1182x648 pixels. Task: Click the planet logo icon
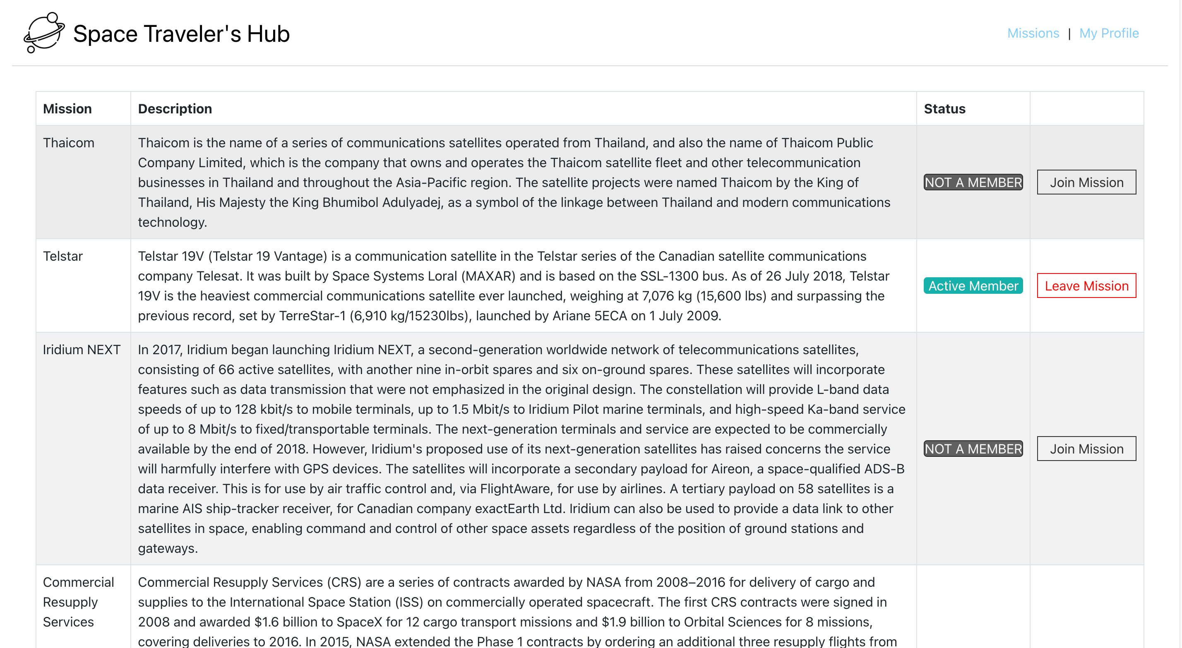tap(44, 33)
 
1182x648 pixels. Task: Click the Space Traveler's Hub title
tap(181, 34)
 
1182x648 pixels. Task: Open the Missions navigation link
tap(1033, 33)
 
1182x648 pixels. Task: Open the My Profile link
tap(1109, 33)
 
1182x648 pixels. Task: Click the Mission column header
tap(67, 109)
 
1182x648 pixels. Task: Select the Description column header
tap(175, 109)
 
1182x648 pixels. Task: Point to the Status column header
tap(944, 109)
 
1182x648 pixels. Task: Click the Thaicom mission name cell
tap(69, 143)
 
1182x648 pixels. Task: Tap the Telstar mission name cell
tap(63, 256)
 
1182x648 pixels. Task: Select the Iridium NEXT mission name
tap(82, 350)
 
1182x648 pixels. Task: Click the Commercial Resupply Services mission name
tap(78, 602)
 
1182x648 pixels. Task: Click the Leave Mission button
tap(1086, 286)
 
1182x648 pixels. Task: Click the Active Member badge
tap(973, 286)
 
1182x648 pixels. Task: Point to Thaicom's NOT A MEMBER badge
tap(973, 182)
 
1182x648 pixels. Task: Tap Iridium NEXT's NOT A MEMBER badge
tap(973, 449)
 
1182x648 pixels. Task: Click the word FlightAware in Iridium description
tap(515, 489)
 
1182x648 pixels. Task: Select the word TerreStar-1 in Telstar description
tap(312, 316)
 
